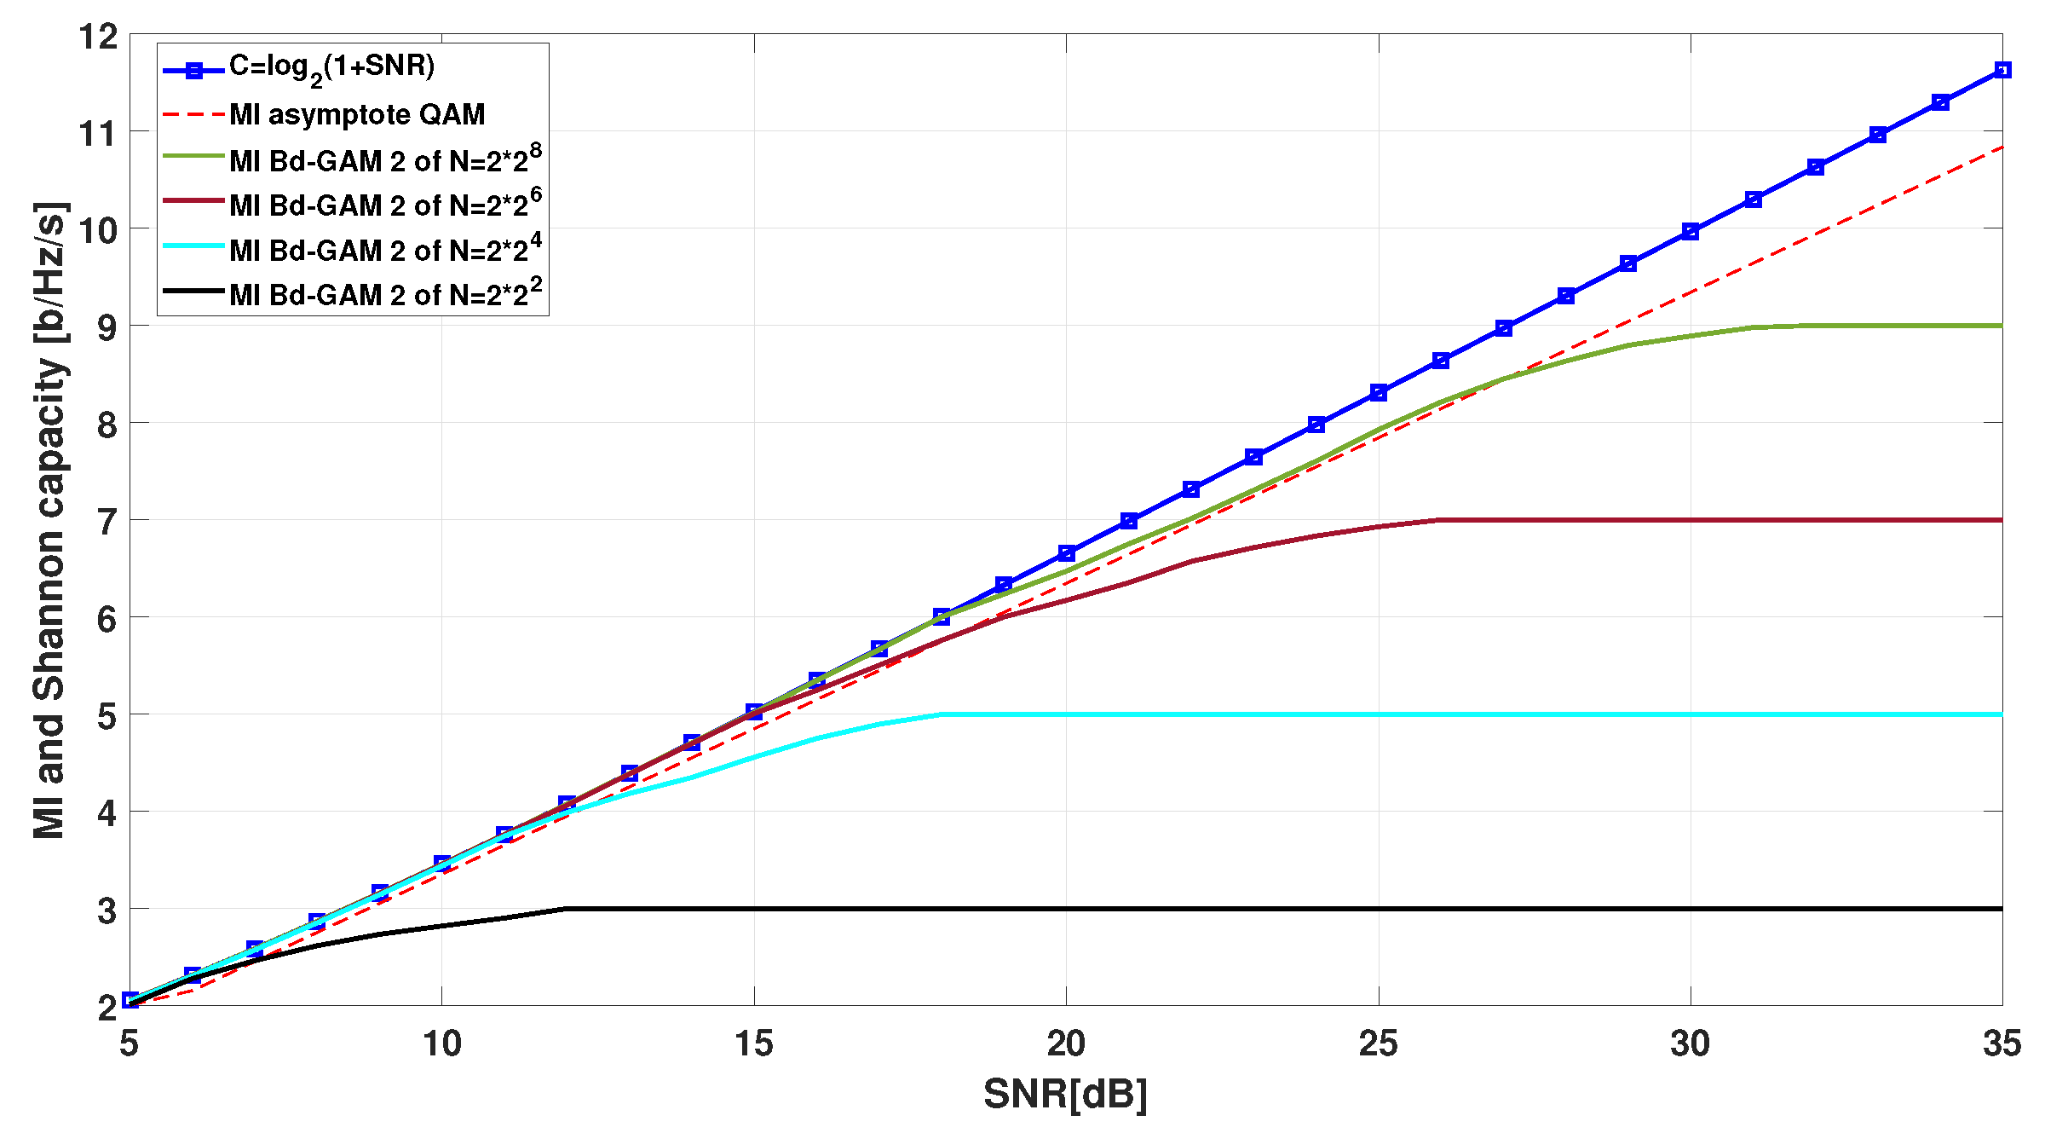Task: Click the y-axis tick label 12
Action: [97, 38]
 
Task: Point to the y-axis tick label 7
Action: [107, 522]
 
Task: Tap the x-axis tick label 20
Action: [1066, 1043]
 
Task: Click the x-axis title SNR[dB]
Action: [1065, 1094]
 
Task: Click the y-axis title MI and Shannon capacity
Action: [49, 520]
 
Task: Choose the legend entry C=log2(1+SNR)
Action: [331, 67]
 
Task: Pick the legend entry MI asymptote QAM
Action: [357, 114]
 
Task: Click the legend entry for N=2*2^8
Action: [384, 159]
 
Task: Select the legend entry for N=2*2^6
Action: [384, 204]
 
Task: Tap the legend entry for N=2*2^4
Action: [384, 249]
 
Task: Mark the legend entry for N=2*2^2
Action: [384, 293]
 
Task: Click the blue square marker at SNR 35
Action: [2002, 70]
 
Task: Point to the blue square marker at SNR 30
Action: [1691, 232]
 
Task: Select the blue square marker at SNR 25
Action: [1379, 393]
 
